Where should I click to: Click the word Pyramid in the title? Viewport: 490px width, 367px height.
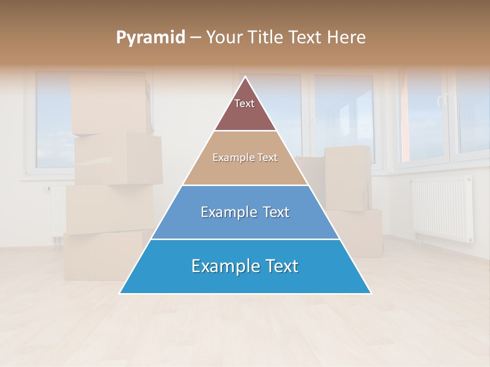[151, 38]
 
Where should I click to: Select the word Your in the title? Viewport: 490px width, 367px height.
[225, 38]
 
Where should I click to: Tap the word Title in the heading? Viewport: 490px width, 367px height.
[266, 38]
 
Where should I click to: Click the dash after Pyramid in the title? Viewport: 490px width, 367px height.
[195, 38]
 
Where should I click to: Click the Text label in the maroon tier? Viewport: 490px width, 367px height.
[244, 103]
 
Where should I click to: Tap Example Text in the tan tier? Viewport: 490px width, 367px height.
[245, 158]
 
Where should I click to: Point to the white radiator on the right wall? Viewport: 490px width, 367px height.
[442, 209]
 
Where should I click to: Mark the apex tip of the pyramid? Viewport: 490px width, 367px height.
[246, 77]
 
